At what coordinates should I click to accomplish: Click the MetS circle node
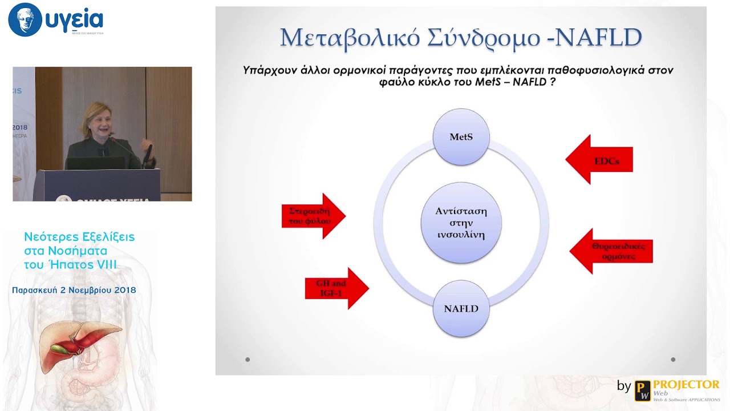[x=461, y=137]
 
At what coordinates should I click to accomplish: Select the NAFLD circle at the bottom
[x=461, y=308]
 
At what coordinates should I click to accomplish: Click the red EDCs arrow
[x=599, y=160]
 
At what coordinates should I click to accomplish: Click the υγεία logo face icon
[x=25, y=20]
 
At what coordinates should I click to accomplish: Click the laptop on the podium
[x=95, y=163]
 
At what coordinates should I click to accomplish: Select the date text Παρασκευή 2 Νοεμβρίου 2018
[x=74, y=290]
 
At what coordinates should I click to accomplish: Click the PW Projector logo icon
[x=643, y=390]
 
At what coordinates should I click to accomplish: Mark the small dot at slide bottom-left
[x=248, y=360]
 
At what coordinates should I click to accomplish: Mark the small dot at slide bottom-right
[x=673, y=360]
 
